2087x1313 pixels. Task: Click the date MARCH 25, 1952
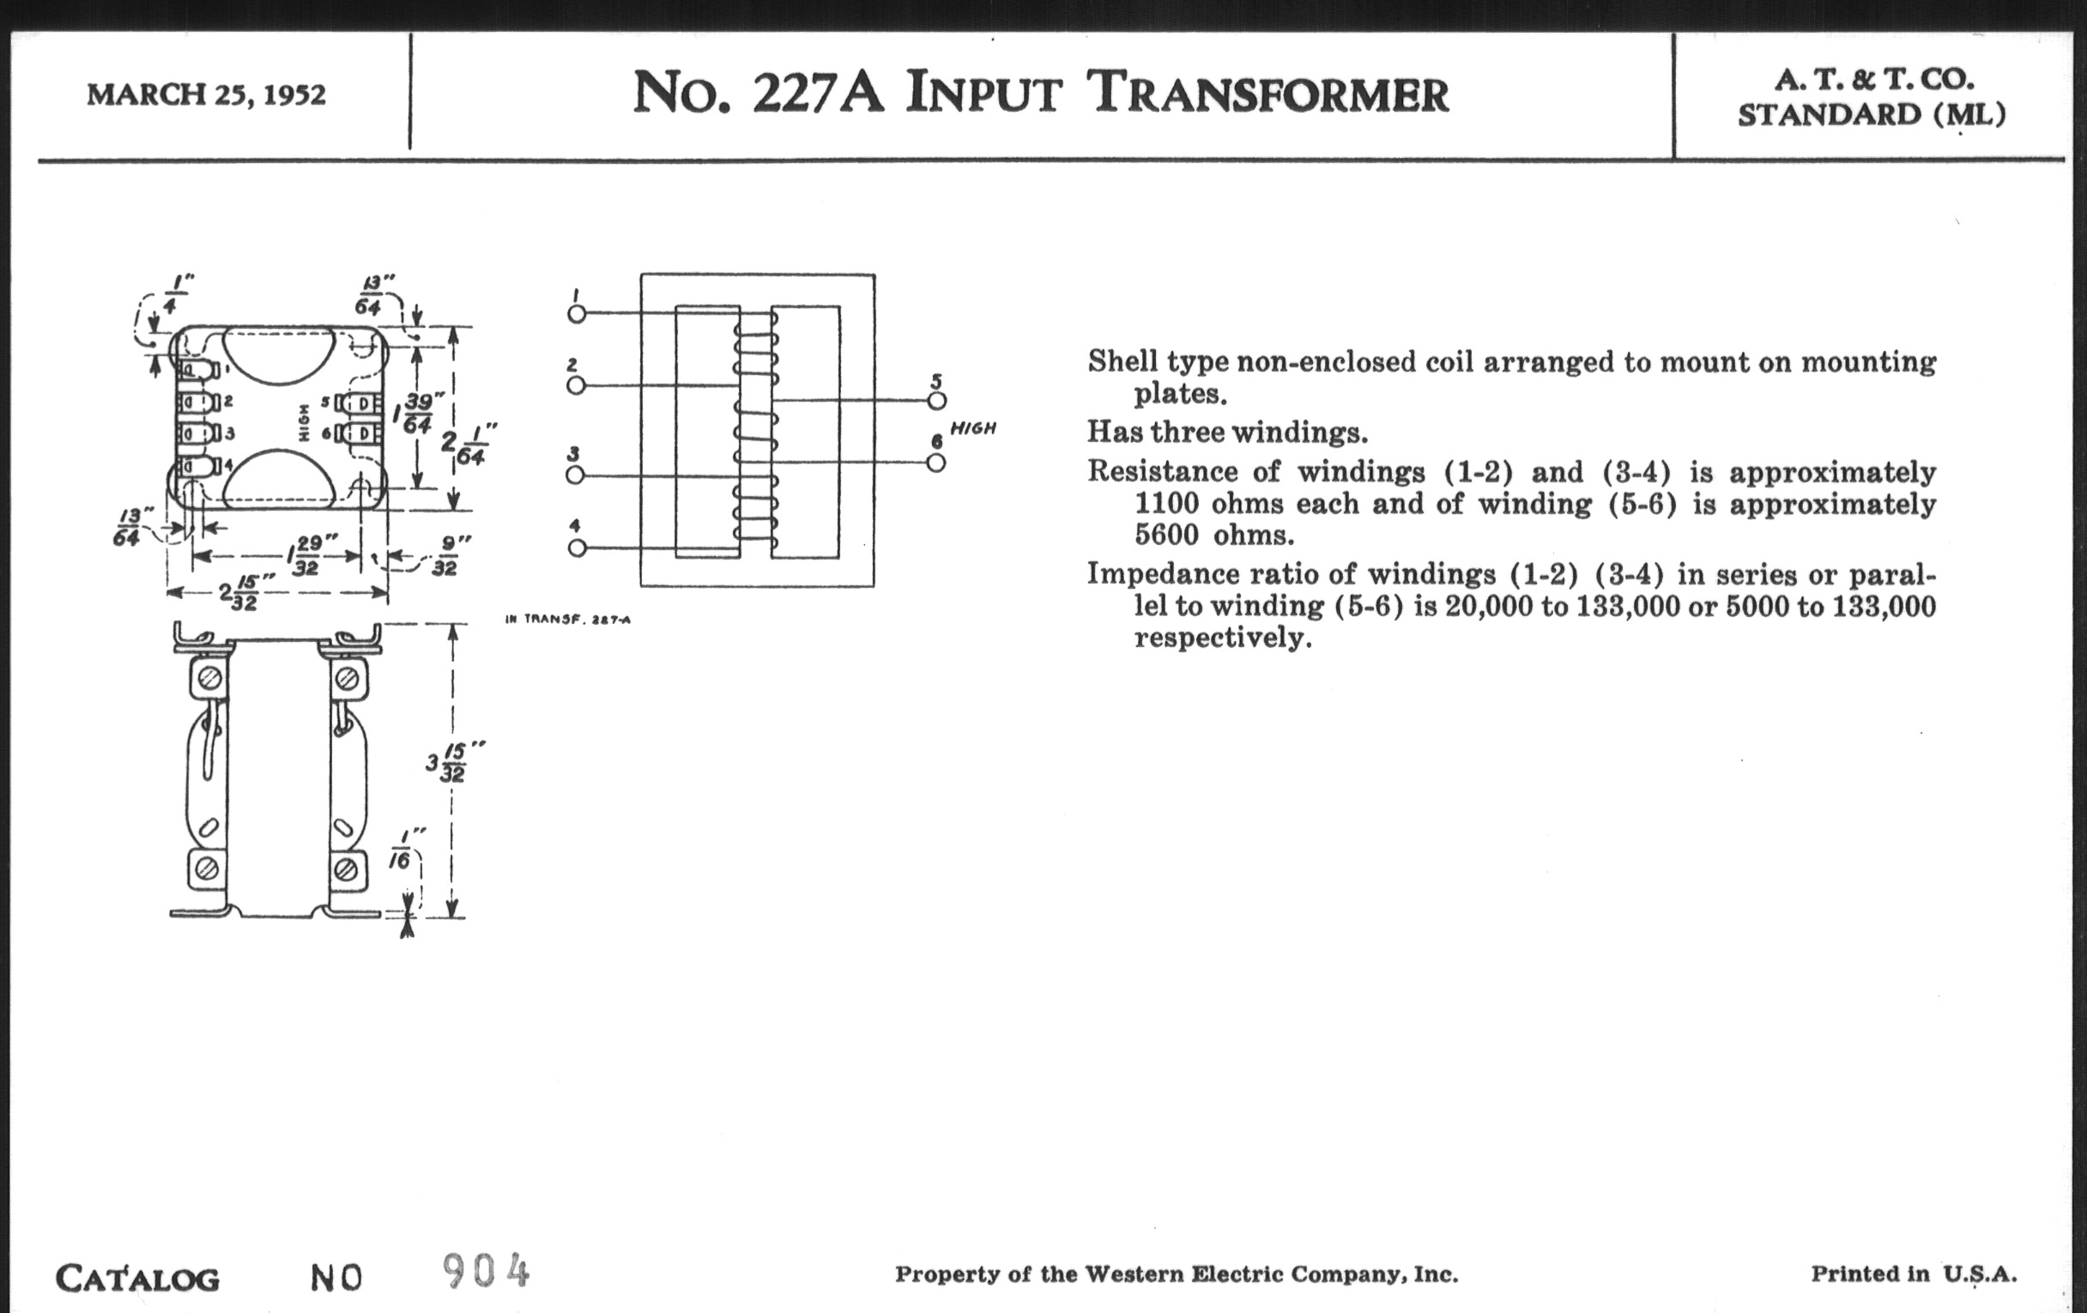click(x=206, y=94)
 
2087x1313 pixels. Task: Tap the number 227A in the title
click(x=817, y=93)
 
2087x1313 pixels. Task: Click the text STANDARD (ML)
click(x=1872, y=114)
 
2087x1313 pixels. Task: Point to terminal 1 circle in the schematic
click(x=577, y=313)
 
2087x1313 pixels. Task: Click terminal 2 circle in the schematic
click(x=576, y=384)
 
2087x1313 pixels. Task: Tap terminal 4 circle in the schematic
click(x=576, y=548)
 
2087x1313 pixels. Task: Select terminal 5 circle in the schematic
click(x=936, y=401)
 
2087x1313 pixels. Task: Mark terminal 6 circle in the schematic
click(x=936, y=463)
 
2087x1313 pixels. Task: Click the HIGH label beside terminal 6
click(x=972, y=428)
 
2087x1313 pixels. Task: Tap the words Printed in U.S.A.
click(x=1914, y=1274)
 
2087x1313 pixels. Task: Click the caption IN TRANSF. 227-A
click(x=568, y=620)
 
